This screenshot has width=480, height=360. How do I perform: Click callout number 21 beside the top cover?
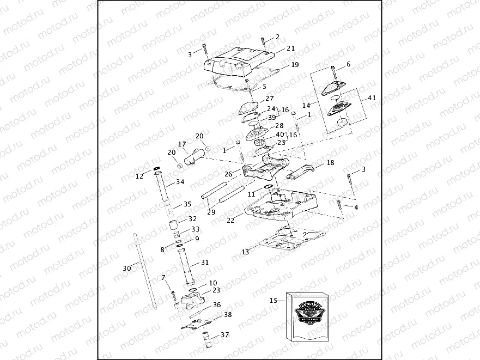pos(290,48)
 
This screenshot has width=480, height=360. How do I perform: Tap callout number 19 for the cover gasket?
pos(295,64)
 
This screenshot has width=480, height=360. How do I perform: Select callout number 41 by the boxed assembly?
pos(372,98)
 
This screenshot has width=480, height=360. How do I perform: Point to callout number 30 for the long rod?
pos(126,268)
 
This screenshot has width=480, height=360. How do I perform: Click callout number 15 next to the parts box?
pos(274,300)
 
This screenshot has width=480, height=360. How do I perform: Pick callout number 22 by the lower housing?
pos(230,220)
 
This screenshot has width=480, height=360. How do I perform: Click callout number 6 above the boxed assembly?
pos(348,64)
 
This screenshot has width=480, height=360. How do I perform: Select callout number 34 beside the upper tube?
pos(180,182)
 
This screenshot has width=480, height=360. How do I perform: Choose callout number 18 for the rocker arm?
pos(330,163)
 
